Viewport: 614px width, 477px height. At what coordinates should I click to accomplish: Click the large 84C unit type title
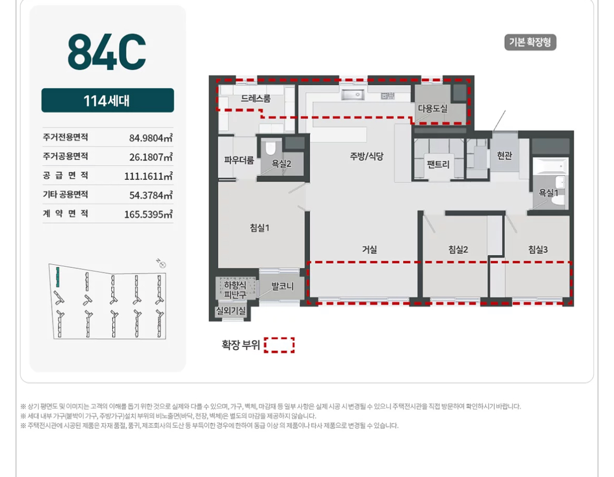[x=107, y=51]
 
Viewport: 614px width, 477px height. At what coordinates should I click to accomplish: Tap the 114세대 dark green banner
[x=108, y=101]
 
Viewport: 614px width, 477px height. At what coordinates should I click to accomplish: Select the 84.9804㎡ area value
[x=151, y=138]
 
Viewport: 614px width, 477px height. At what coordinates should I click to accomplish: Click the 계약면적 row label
[x=66, y=213]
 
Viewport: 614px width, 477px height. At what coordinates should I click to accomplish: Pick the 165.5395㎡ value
[x=149, y=214]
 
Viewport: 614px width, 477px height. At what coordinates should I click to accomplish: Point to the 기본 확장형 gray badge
[x=530, y=42]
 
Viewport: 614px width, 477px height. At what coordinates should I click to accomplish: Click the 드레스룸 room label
[x=256, y=99]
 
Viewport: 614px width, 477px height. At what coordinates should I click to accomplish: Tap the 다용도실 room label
[x=433, y=109]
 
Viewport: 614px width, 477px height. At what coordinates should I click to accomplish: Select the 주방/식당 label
[x=366, y=156]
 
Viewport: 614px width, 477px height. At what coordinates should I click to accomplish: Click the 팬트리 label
[x=438, y=164]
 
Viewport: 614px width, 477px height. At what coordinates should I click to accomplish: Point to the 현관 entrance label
[x=504, y=156]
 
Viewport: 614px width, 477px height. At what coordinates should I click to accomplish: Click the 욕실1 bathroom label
[x=548, y=193]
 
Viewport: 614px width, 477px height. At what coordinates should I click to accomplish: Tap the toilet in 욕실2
[x=271, y=148]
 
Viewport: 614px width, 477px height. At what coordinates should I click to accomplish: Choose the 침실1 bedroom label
[x=260, y=227]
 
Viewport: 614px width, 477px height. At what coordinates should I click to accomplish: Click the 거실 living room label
[x=369, y=250]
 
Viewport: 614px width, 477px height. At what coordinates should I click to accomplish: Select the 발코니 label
[x=283, y=287]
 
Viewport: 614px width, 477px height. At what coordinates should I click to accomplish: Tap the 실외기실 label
[x=231, y=311]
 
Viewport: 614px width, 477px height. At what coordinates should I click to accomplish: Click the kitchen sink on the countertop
[x=353, y=94]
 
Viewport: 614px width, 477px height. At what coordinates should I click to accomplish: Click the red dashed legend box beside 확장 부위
[x=279, y=345]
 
